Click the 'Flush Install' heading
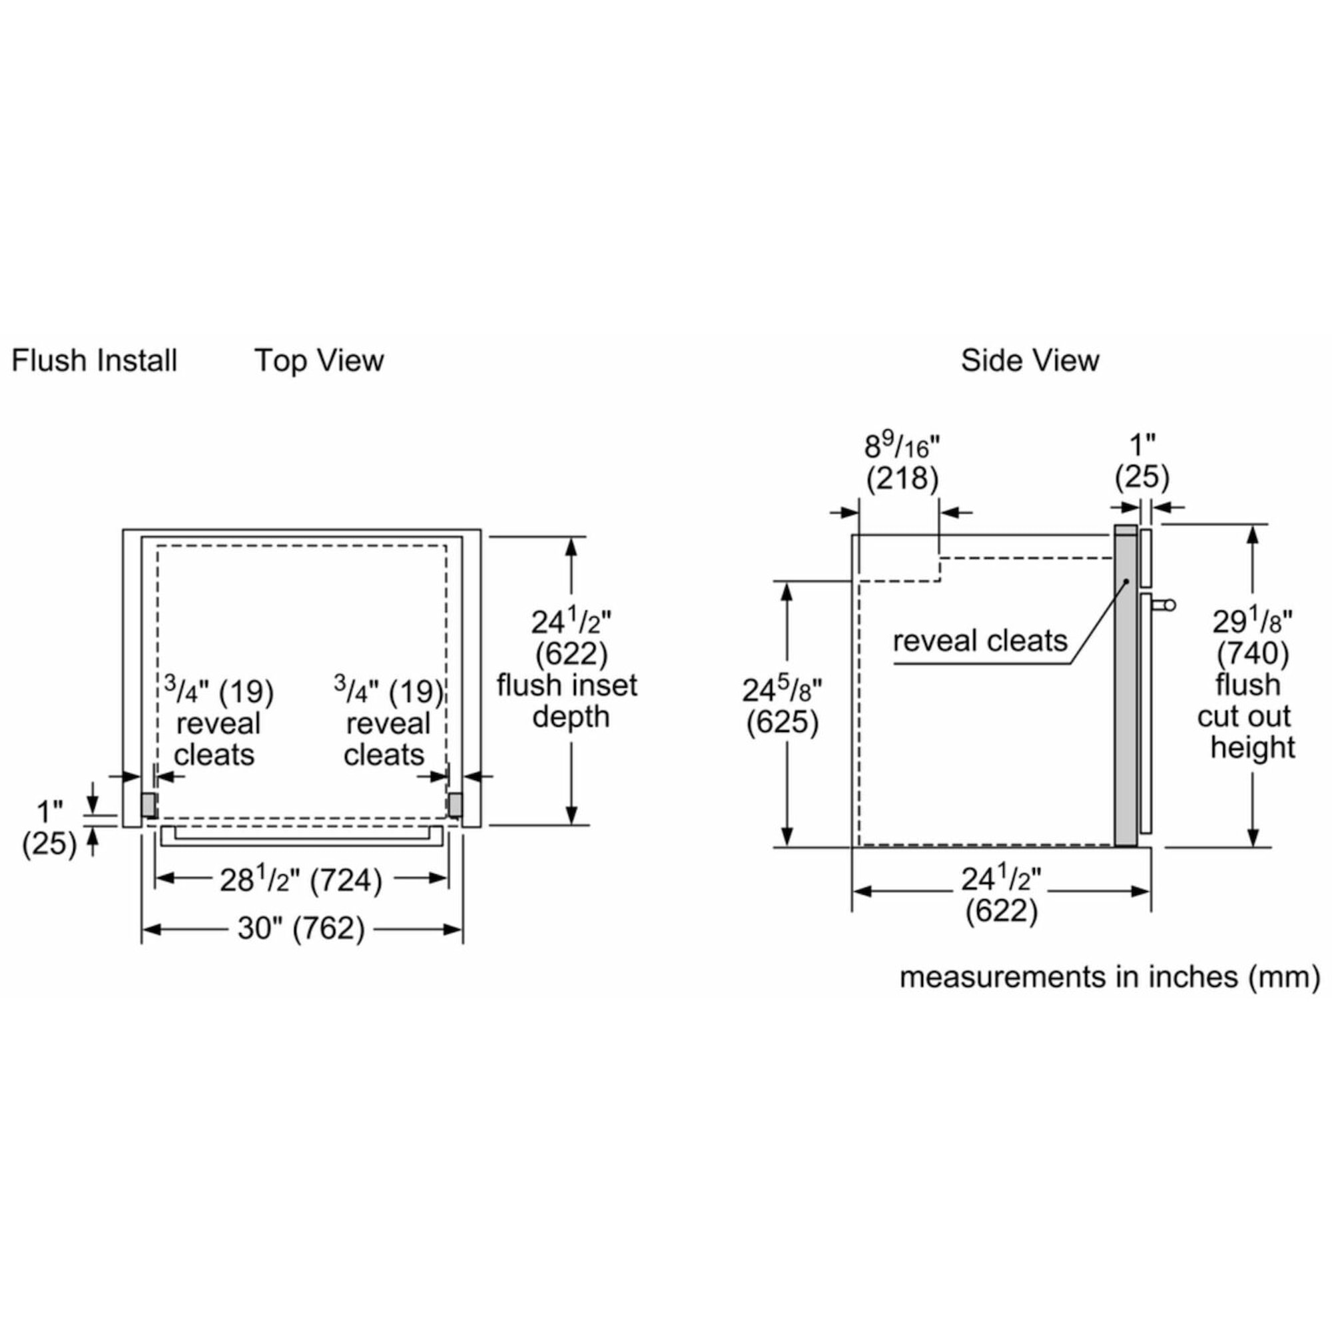95,360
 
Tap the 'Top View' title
319,360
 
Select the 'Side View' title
1030,360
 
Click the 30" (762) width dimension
301,928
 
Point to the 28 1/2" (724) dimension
301,880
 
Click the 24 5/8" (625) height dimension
783,707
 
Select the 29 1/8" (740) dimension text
1252,638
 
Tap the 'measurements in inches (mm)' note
1110,978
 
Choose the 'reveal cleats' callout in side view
980,641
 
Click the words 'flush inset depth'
567,701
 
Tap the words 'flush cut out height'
1248,717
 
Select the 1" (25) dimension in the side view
1142,462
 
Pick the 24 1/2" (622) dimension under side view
1001,896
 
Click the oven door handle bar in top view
301,836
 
